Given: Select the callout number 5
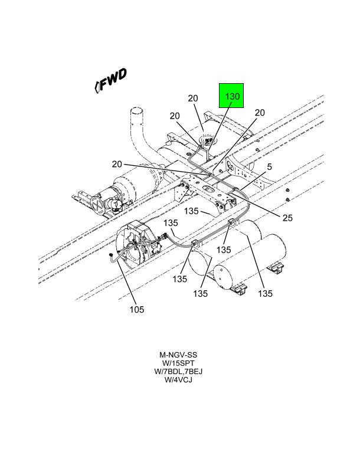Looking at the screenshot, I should tap(269, 167).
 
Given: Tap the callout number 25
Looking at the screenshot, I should tap(287, 218).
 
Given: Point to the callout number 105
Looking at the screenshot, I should tap(136, 309).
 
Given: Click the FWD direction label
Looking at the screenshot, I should tap(114, 81).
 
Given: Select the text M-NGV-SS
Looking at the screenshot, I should tap(178, 355).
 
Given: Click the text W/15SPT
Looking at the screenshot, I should tap(178, 363).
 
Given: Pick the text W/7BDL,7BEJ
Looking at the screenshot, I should tap(178, 372).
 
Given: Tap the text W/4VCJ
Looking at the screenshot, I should tap(178, 380).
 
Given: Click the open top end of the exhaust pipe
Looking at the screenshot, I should tap(137, 112).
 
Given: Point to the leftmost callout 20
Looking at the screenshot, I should tap(116, 164).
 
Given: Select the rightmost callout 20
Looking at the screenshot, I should tap(260, 113).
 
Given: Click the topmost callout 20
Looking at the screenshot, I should tap(193, 99).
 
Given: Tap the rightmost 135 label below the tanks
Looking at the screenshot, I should tap(265, 293).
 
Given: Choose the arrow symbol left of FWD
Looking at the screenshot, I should tap(97, 86).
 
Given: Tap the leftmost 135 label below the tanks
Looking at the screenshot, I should tap(179, 277).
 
